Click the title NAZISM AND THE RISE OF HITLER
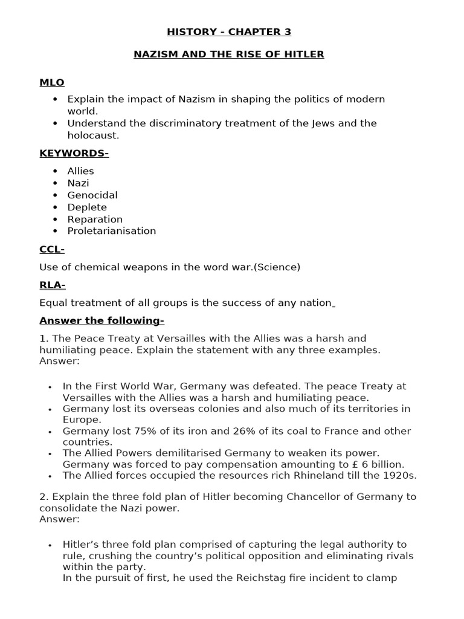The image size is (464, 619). pyautogui.click(x=228, y=54)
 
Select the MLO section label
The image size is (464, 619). pyautogui.click(x=52, y=82)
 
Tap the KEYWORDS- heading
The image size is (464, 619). pyautogui.click(x=74, y=154)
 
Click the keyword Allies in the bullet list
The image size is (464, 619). pyautogui.click(x=80, y=171)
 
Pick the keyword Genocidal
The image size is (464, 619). pyautogui.click(x=92, y=195)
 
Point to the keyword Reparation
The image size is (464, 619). pyautogui.click(x=95, y=219)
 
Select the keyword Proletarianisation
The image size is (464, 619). pyautogui.click(x=111, y=231)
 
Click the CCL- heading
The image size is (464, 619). pyautogui.click(x=52, y=249)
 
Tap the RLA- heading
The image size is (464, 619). pyautogui.click(x=53, y=285)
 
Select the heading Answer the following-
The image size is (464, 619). pyautogui.click(x=101, y=320)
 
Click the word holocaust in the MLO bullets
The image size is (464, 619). pyautogui.click(x=93, y=135)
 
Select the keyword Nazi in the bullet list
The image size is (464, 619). pyautogui.click(x=78, y=183)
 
